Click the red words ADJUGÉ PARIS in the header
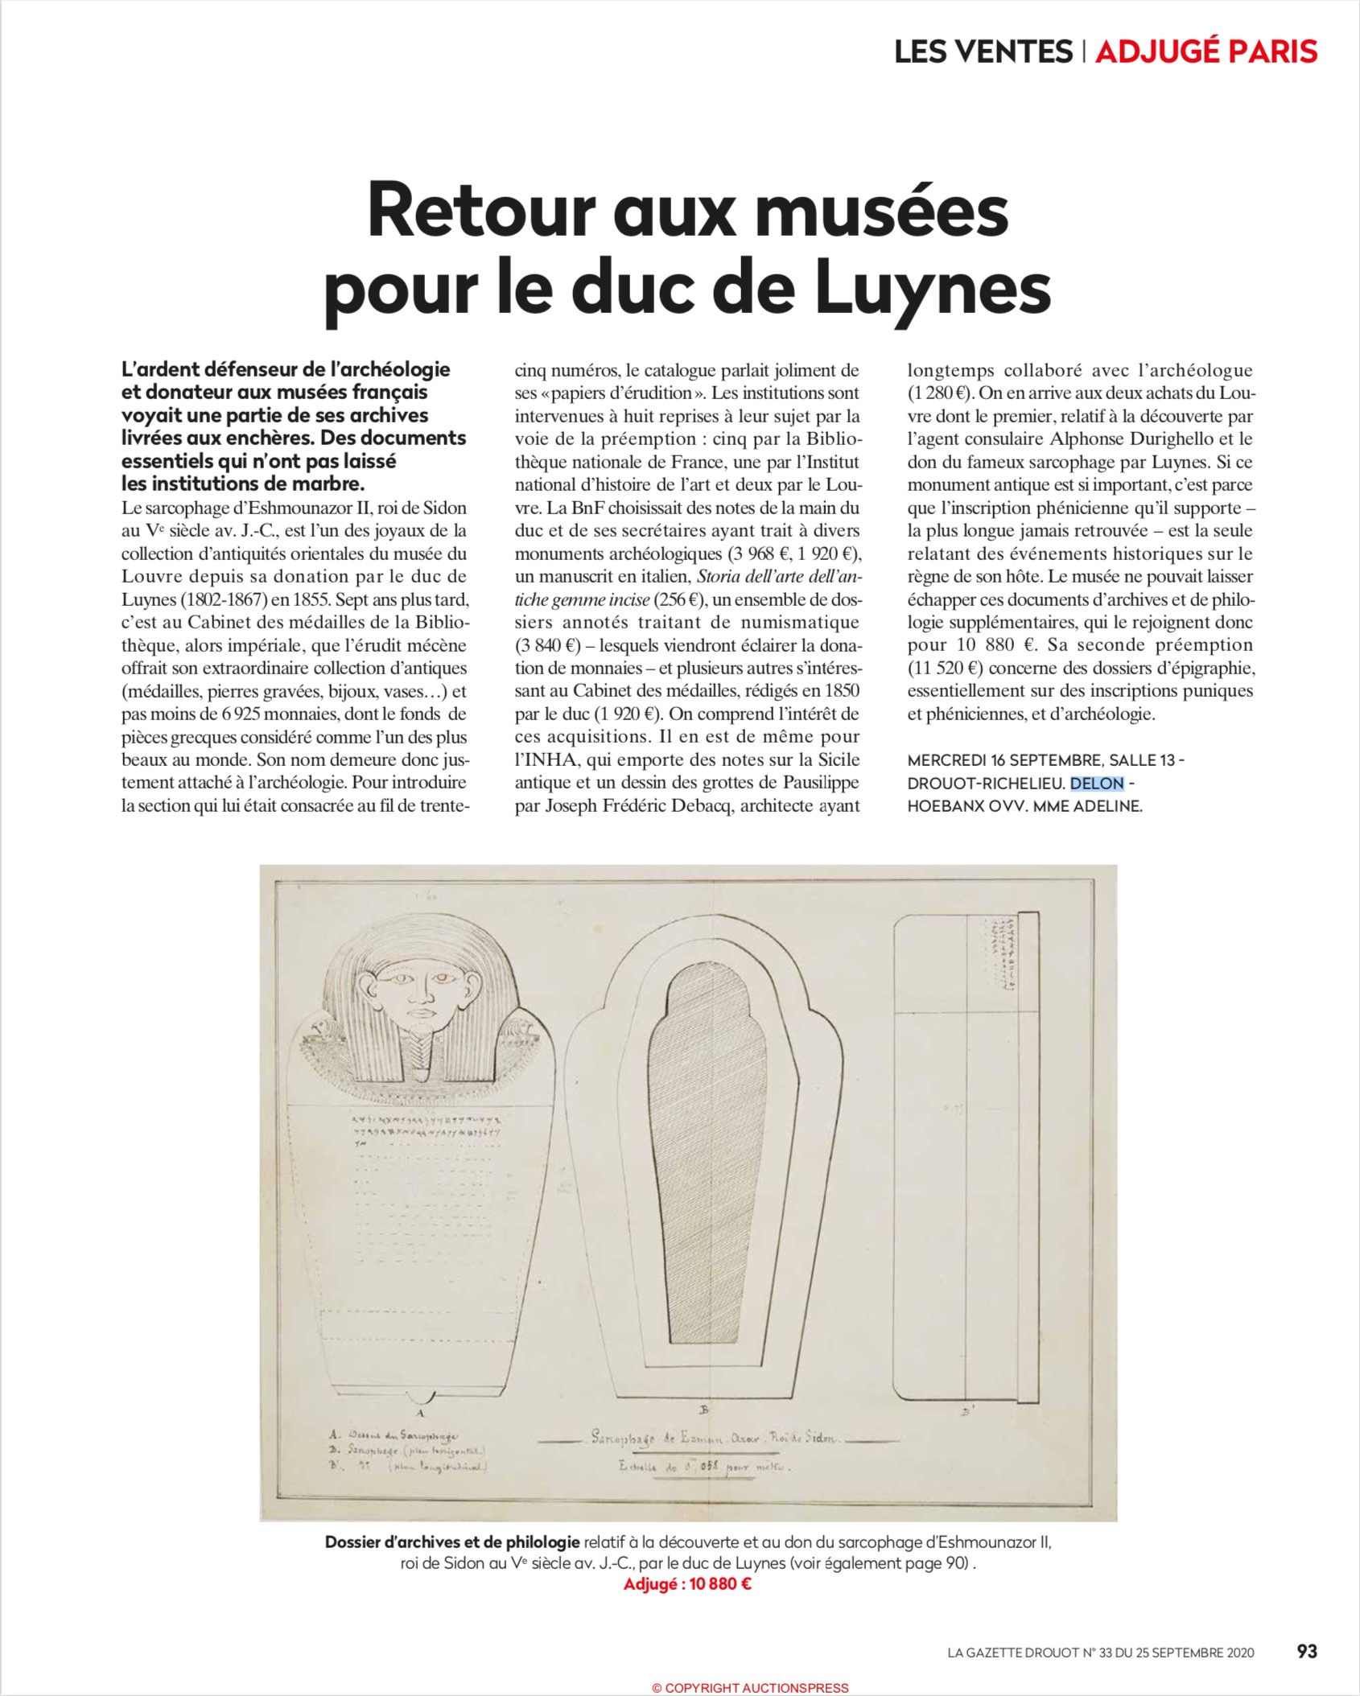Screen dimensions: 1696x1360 [x=1206, y=51]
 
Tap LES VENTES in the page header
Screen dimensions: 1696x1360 [x=983, y=51]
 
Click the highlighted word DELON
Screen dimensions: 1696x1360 [x=1096, y=783]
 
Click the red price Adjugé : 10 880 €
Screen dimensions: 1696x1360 [x=687, y=1585]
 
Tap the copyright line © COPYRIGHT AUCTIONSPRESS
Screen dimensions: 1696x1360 [x=750, y=1687]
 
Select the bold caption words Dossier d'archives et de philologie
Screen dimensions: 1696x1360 [x=452, y=1542]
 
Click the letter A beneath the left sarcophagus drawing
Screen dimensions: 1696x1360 [x=419, y=1412]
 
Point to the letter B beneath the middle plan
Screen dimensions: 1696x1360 [x=704, y=1410]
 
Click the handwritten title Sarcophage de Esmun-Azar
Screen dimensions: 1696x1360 [x=713, y=1438]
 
